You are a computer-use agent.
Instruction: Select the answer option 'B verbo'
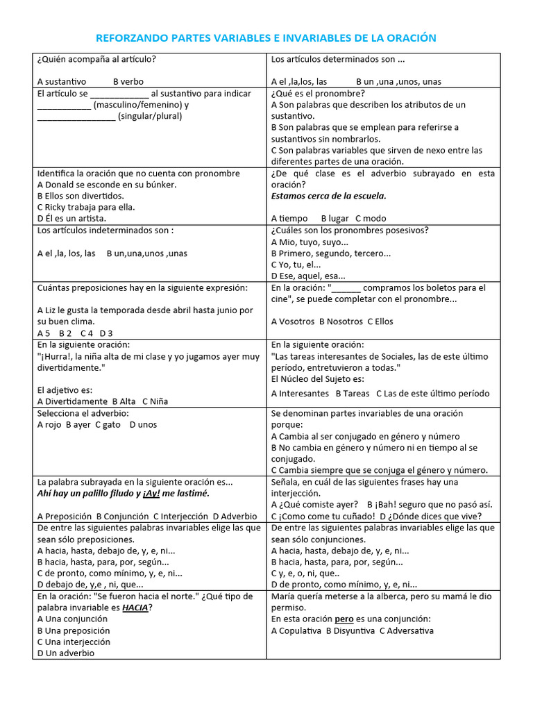click(128, 81)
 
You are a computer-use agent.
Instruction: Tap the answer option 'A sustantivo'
click(62, 81)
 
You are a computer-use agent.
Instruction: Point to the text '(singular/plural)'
click(150, 116)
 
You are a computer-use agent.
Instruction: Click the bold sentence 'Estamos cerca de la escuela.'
click(329, 196)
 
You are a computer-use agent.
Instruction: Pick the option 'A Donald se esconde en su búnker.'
click(107, 185)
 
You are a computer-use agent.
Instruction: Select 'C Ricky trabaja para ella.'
click(86, 207)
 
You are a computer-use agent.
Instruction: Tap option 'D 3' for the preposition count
click(106, 333)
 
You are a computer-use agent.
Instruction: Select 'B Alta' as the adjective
click(124, 401)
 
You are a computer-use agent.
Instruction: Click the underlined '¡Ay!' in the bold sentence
click(152, 493)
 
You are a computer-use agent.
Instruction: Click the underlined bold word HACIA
click(135, 608)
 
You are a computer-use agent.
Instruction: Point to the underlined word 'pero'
click(344, 619)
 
